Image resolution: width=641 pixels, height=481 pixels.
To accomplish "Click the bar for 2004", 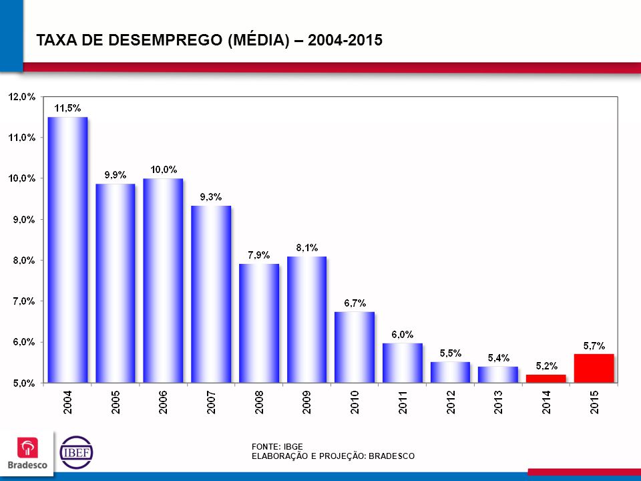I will [67, 250].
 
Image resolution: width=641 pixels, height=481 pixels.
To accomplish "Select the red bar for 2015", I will [594, 368].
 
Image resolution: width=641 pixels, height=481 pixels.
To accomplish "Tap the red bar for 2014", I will [546, 379].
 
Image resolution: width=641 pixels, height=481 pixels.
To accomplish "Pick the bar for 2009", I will [306, 319].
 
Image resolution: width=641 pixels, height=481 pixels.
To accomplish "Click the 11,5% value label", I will [67, 108].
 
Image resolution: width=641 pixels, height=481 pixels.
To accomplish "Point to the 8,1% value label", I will [306, 248].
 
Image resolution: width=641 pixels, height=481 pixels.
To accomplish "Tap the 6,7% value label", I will [355, 303].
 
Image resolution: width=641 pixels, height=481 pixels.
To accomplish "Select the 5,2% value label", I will [546, 365].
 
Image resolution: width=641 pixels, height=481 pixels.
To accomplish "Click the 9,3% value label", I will [211, 196].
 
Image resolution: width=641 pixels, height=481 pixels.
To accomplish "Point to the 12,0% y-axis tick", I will [21, 97].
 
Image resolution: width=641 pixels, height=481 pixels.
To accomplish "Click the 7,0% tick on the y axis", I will [21, 301].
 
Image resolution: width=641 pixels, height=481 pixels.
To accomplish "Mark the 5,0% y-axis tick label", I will [21, 383].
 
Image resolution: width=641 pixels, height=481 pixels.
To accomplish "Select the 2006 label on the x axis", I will [163, 403].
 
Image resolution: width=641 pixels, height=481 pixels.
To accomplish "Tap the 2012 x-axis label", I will [451, 403].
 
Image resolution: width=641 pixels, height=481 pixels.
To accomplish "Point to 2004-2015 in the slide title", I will [345, 40].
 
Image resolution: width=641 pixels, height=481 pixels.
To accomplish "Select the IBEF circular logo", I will [77, 452].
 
